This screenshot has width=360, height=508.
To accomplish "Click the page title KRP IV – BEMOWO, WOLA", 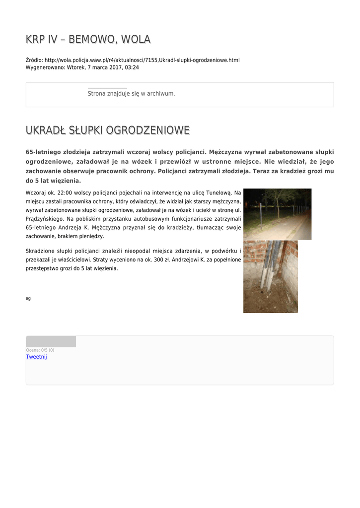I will coord(88,39).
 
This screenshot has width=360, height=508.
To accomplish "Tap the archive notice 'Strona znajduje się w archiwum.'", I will coord(131,93).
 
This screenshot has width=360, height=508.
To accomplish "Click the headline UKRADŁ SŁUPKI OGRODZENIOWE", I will coord(107,130).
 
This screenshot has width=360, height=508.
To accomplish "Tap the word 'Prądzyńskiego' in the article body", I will coord(44,218).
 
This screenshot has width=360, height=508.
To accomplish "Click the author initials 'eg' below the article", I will coord(28,298).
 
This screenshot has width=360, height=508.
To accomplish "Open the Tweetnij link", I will coord(36,357).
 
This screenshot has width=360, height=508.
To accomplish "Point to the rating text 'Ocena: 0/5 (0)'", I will coord(40,350).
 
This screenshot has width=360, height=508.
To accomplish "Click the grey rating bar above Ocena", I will coord(51,341).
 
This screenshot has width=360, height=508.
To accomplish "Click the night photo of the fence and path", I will coord(277,214).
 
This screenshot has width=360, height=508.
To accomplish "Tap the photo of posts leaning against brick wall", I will coord(270,276).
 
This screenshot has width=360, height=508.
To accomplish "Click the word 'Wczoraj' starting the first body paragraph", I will coord(36,192).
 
